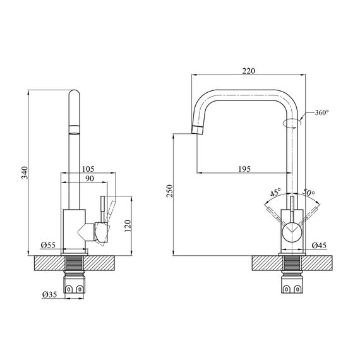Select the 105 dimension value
(88, 169)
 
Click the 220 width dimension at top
(249, 71)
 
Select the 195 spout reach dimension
(245, 169)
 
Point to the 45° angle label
(275, 193)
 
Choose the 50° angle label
(308, 193)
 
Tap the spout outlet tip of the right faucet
(197, 130)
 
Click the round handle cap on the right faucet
(292, 232)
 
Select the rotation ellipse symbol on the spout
(292, 123)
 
